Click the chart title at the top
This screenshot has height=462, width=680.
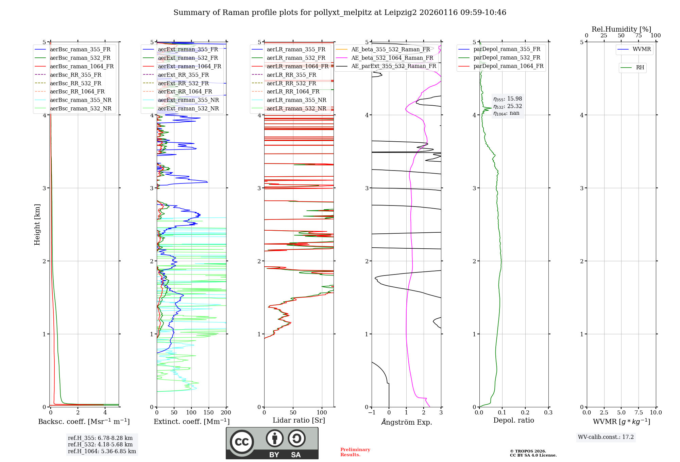(x=340, y=13)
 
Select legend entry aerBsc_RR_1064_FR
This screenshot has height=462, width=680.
(x=77, y=92)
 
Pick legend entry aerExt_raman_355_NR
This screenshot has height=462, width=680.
(x=188, y=100)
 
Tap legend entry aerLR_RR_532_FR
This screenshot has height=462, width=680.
(x=291, y=83)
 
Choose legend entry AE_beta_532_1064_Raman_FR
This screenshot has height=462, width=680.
(x=392, y=58)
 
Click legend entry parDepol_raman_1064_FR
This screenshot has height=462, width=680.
(x=508, y=66)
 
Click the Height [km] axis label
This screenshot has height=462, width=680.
(x=37, y=224)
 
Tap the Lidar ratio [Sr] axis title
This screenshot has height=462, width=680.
(x=299, y=420)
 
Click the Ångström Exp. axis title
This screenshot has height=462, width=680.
(x=407, y=422)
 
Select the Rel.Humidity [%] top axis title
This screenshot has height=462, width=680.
(x=621, y=29)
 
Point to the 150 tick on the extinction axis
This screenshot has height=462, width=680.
(x=208, y=412)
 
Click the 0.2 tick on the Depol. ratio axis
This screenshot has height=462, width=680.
(x=525, y=412)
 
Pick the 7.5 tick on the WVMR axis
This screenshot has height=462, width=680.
(x=639, y=412)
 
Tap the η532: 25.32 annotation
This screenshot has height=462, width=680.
(x=508, y=106)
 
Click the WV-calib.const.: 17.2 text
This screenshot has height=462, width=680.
(x=606, y=437)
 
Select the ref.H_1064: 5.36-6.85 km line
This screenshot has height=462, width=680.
(x=102, y=451)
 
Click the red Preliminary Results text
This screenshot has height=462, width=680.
(x=355, y=452)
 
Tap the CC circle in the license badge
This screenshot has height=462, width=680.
(x=242, y=442)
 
